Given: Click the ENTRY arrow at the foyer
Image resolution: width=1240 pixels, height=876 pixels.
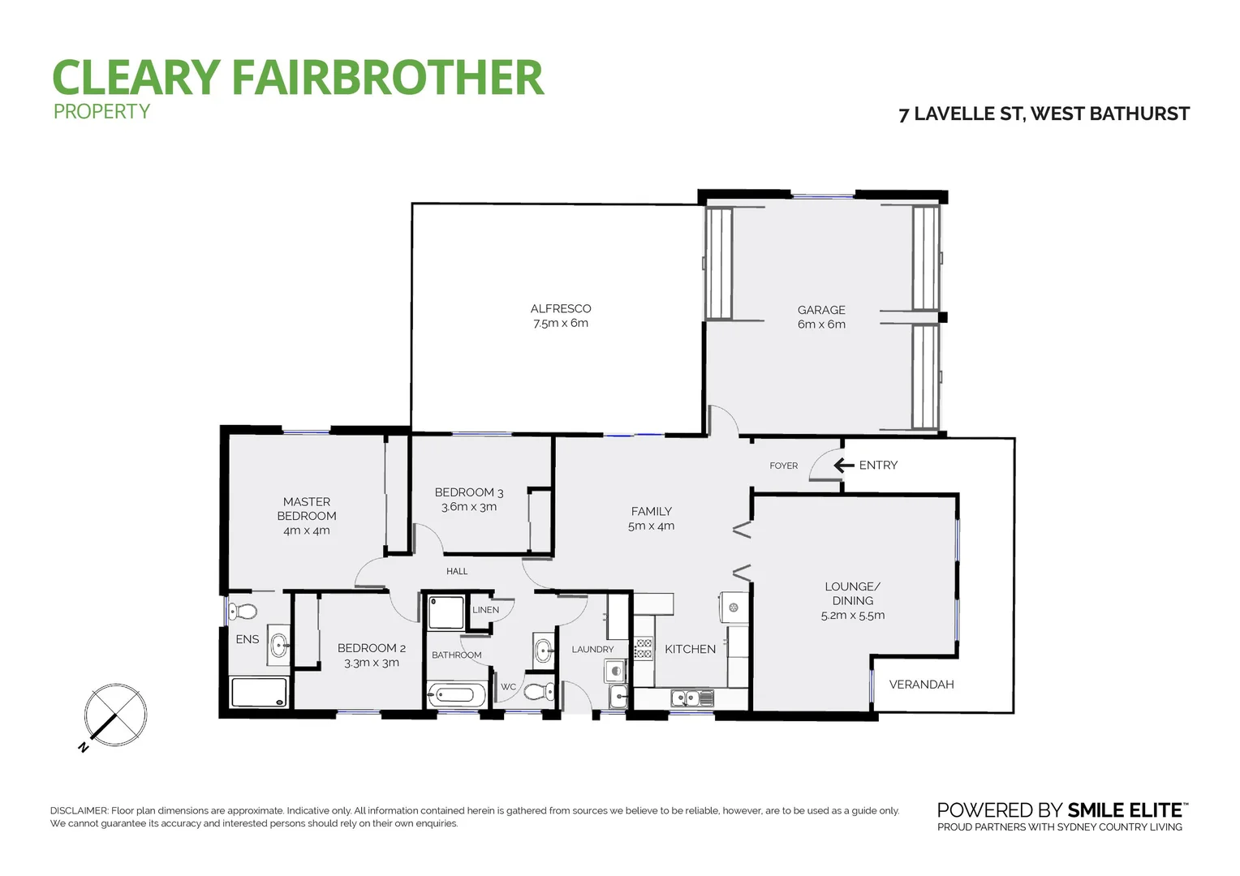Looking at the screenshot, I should (x=844, y=466).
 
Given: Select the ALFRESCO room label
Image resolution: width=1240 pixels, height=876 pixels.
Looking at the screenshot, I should (x=561, y=308).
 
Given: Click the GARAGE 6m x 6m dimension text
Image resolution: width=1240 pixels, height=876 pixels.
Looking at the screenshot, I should (x=821, y=324).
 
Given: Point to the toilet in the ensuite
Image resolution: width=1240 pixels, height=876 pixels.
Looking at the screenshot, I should (x=243, y=611).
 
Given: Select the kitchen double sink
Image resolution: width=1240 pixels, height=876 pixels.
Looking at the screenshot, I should (x=691, y=698).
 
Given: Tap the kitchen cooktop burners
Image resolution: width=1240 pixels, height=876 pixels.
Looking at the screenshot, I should (x=644, y=648).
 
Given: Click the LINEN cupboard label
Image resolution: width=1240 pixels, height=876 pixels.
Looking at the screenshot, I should (x=486, y=610).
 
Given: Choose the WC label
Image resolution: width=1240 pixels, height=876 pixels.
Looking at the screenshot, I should (x=508, y=687).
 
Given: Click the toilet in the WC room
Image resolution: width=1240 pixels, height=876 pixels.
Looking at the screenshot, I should (x=539, y=692).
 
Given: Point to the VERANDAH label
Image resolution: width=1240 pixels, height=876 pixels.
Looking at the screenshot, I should (x=921, y=685).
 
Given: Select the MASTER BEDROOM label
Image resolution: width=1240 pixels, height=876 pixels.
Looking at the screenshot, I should (x=307, y=509).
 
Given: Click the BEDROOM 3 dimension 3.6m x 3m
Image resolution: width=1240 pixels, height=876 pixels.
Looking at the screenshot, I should (x=469, y=507).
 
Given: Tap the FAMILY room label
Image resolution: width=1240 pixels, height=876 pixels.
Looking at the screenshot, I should (x=651, y=511).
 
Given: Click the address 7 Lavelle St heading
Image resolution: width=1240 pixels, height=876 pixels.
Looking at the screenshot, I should (x=1044, y=114).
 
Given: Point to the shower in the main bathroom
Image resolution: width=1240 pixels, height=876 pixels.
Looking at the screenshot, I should (x=445, y=613).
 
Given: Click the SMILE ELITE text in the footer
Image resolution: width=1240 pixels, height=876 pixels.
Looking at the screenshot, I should (x=1125, y=810).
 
